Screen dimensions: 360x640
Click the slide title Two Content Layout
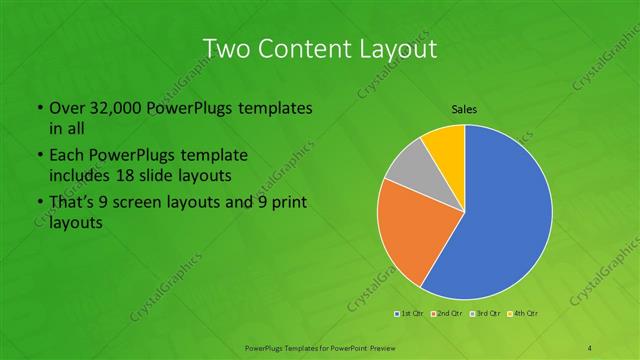click(319, 49)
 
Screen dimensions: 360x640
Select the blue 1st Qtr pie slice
click(510, 220)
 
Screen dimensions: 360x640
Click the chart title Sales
click(464, 107)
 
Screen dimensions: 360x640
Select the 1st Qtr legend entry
click(409, 314)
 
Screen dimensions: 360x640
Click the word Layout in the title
click(400, 49)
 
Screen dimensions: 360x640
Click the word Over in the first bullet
click(67, 108)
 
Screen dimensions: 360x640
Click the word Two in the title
click(228, 49)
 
